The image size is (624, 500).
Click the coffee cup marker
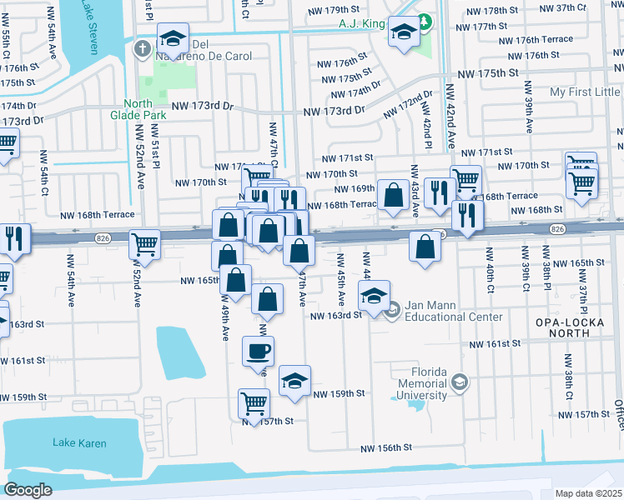coord(258,350)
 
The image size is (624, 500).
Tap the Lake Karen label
coord(79,442)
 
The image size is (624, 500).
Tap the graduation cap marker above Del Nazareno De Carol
coord(173,37)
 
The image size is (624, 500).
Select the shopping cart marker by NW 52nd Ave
coord(145,244)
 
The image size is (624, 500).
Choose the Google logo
coord(28,490)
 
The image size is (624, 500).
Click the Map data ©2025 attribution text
coord(589,493)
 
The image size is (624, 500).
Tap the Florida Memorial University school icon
coord(458,382)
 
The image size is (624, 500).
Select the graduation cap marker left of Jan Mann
coord(374,294)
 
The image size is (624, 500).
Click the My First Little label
coord(585,92)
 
